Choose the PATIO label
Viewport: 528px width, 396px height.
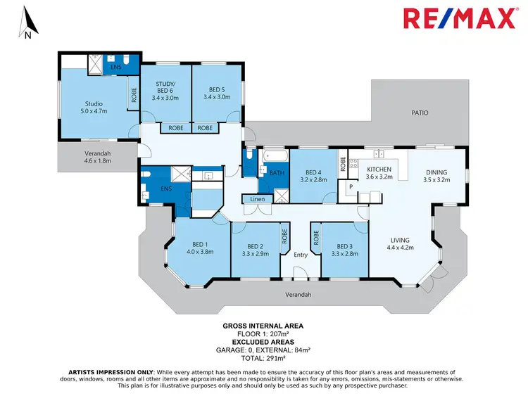pos(420,113)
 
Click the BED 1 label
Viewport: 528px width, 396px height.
pos(200,246)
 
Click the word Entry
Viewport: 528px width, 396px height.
pos(301,255)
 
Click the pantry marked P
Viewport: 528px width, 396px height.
pos(350,187)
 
